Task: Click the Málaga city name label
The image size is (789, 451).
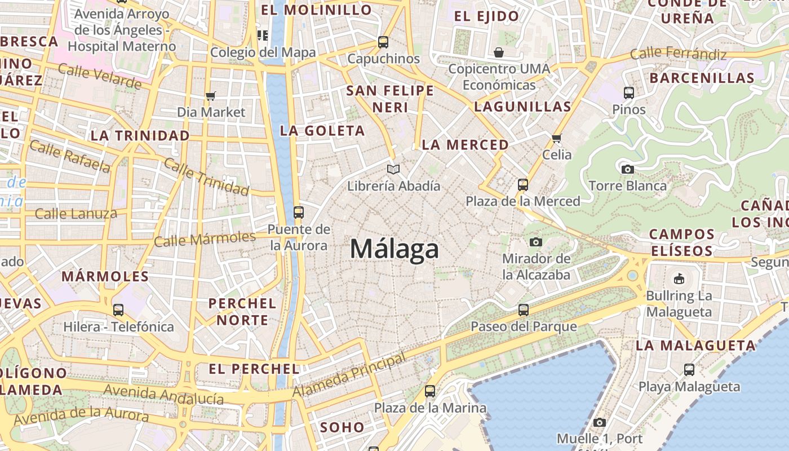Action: [394, 249]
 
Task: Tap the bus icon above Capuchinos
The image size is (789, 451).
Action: [383, 42]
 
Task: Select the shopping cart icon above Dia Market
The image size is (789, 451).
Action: [211, 96]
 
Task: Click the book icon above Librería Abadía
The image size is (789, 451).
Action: [393, 169]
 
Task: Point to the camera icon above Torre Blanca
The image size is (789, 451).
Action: [627, 169]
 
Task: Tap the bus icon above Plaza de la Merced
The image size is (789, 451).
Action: [523, 184]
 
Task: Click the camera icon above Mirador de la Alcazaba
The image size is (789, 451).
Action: [536, 242]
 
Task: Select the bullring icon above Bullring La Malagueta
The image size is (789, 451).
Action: [679, 278]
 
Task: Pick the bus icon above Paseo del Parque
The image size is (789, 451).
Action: [524, 309]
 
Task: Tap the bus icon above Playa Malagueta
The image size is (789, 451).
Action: [689, 370]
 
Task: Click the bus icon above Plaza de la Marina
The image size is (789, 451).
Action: [430, 391]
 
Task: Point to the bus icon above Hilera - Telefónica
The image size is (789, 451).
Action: [118, 309]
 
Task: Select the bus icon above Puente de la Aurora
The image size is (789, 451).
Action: [299, 213]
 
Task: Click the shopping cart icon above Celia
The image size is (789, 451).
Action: [557, 138]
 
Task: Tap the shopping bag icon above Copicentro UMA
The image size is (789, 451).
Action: [498, 52]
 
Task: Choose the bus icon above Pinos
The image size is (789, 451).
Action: [629, 93]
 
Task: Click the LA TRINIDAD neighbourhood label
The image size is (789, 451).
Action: [140, 136]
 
